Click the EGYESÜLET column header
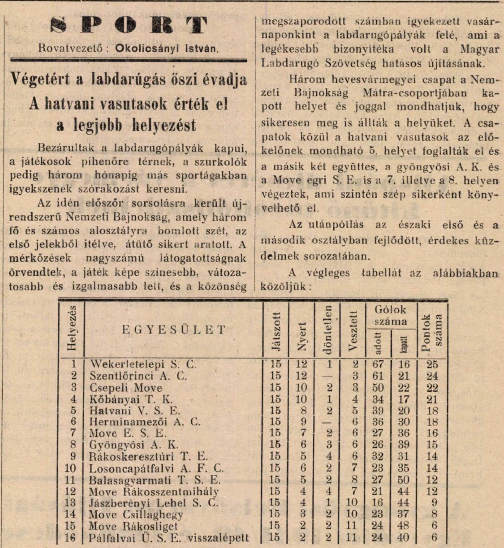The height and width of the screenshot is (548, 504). (x=174, y=330)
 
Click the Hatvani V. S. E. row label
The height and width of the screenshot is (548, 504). (x=135, y=411)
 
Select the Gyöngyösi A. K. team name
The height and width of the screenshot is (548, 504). (x=134, y=445)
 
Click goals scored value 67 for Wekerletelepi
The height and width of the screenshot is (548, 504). (x=378, y=364)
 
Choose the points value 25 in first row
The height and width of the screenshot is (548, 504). (x=432, y=364)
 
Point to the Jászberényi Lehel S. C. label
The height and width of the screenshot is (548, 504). (x=153, y=503)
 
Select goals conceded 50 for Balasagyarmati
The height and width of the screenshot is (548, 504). (x=403, y=480)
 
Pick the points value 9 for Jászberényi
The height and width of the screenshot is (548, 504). (x=434, y=503)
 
